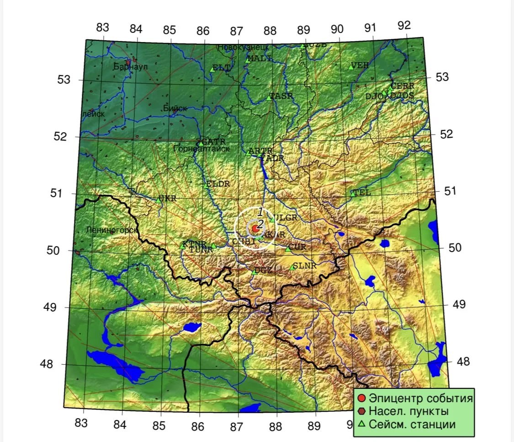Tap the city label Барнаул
pos(131,67)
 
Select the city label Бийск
pos(175,108)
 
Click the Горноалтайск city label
pos(201,149)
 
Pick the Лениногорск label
pos(111,230)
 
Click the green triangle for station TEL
pos(353,193)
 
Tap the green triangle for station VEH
pos(351,67)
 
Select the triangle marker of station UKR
pos(159,200)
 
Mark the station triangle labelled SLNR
pos(292,267)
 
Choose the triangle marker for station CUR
pos(288,249)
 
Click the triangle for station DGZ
pos(254,272)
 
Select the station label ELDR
pos(218,184)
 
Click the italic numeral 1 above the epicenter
pos(260,212)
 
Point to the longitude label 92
pos(404,26)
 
